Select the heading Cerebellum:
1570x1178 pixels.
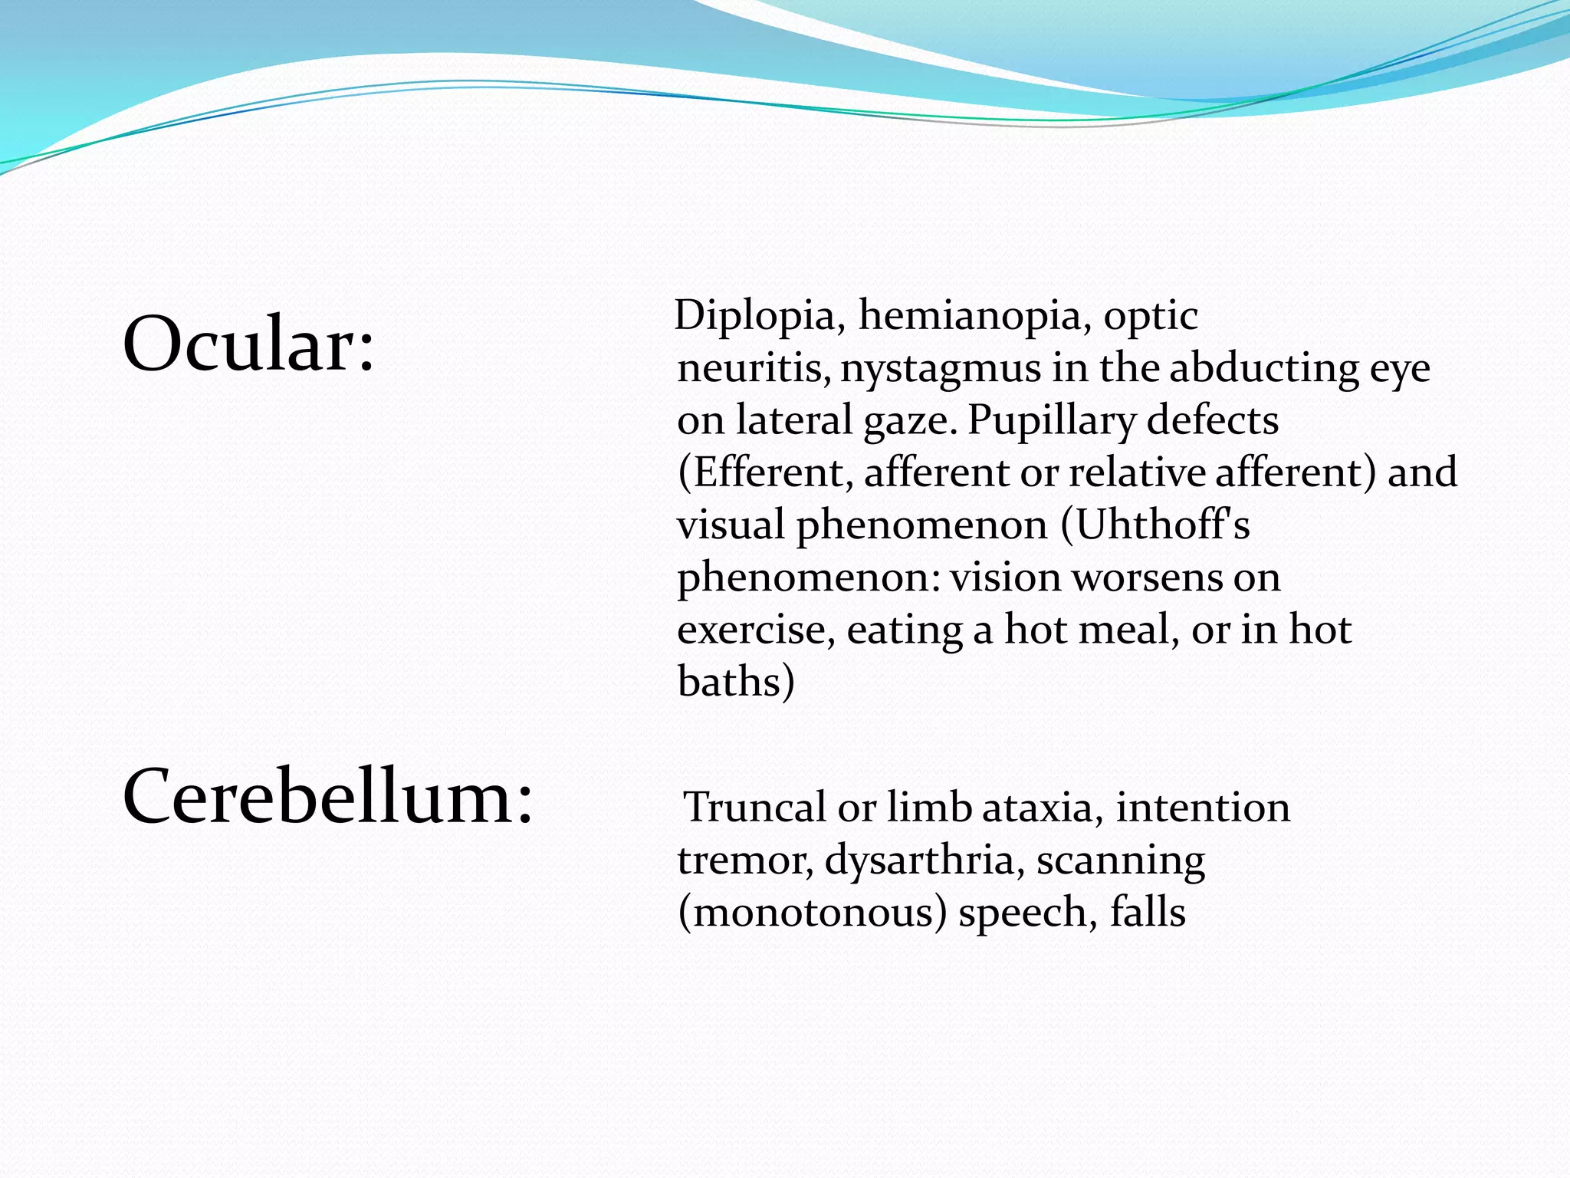pos(327,798)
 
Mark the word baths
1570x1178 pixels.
pos(729,681)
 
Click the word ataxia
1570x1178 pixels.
pos(1042,808)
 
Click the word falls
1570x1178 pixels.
pos(1148,912)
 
